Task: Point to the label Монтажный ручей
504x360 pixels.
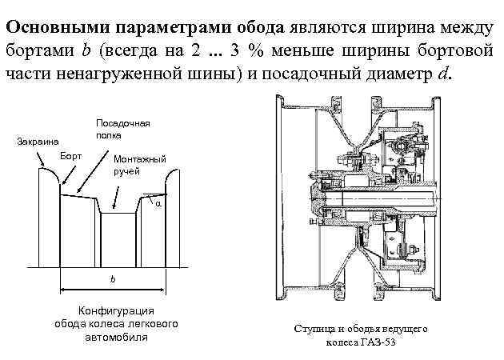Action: point(139,165)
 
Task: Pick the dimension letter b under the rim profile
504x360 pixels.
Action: point(113,279)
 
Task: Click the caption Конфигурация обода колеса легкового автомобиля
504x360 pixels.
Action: point(115,324)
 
